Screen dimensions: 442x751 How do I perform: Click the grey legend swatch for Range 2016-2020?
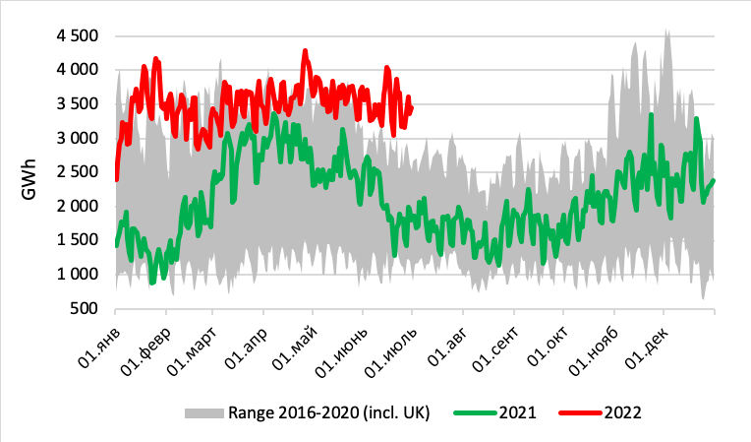coord(202,412)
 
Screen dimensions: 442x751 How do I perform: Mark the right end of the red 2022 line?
coord(411,107)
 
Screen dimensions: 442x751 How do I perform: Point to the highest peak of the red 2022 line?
coord(305,50)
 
